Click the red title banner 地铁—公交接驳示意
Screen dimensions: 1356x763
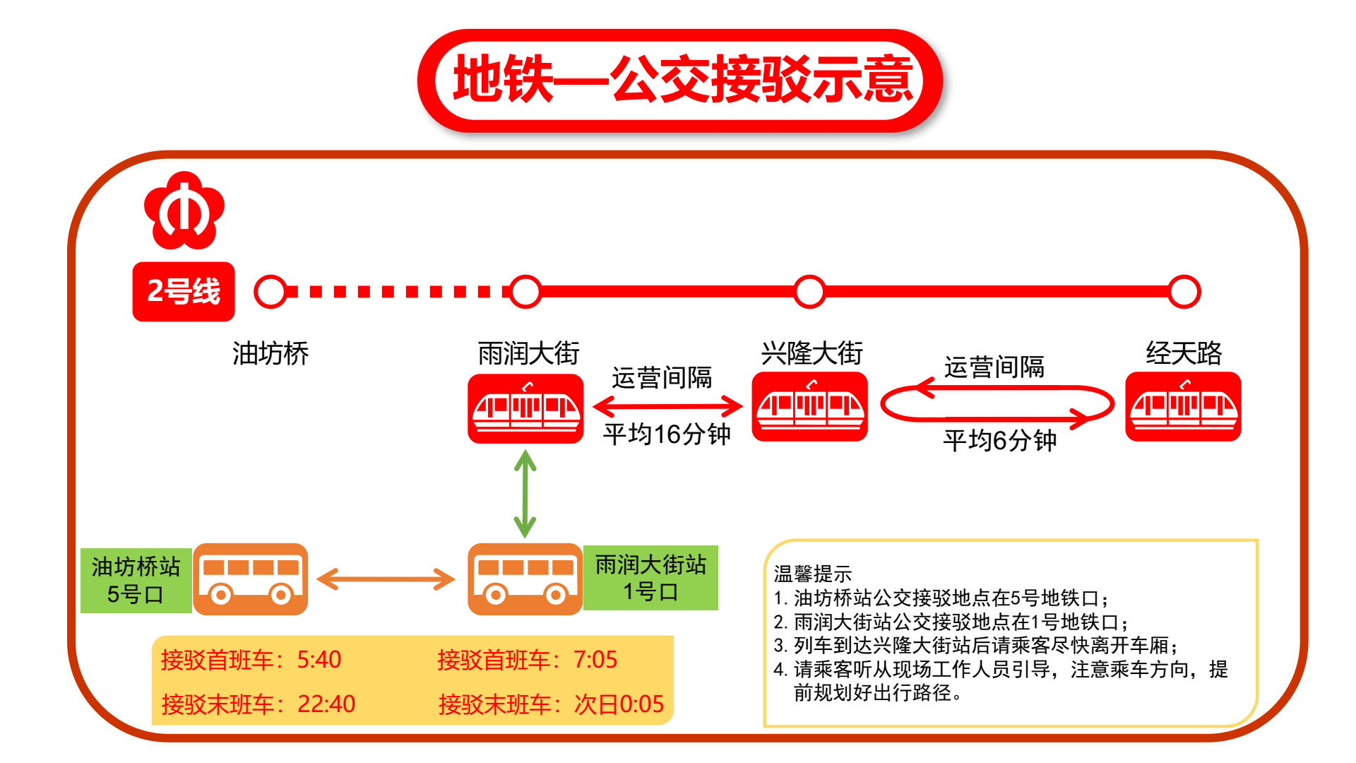coord(680,81)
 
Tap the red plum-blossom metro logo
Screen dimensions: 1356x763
coord(184,211)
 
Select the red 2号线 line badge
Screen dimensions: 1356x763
coord(184,292)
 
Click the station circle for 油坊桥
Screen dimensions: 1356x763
coord(270,292)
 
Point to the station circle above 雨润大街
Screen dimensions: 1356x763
coord(525,292)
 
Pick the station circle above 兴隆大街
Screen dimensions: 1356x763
coord(809,292)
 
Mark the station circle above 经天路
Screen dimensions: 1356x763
coord(1184,292)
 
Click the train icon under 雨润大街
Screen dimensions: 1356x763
coord(526,409)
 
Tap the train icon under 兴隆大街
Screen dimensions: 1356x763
coord(810,407)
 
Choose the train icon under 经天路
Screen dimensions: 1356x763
coord(1183,407)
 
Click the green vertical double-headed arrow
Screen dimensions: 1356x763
coord(525,495)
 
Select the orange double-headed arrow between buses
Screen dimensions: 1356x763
coord(386,579)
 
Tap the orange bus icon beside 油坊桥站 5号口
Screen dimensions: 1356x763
coord(251,579)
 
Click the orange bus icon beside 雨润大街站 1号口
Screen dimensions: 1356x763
coord(525,579)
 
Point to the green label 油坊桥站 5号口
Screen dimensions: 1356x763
coord(136,580)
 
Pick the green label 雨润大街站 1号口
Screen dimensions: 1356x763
coord(650,578)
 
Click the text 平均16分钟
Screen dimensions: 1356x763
coord(667,434)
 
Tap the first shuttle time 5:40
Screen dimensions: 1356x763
coord(319,660)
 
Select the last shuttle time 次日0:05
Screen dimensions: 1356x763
coord(619,704)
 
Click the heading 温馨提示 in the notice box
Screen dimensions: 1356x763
coord(813,574)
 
